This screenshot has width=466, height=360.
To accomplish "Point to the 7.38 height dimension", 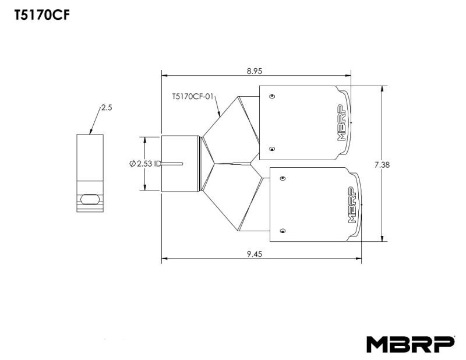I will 382,164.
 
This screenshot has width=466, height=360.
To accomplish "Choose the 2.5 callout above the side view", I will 106,108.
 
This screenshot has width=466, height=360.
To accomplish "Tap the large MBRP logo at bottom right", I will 410,344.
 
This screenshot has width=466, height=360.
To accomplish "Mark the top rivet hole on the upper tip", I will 273,96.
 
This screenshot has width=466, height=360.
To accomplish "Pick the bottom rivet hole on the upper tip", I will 273,149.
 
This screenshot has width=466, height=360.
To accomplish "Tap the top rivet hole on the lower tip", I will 283,178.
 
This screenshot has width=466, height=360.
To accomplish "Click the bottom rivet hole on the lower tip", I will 283,231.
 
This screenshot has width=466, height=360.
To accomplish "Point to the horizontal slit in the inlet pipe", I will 173,163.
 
